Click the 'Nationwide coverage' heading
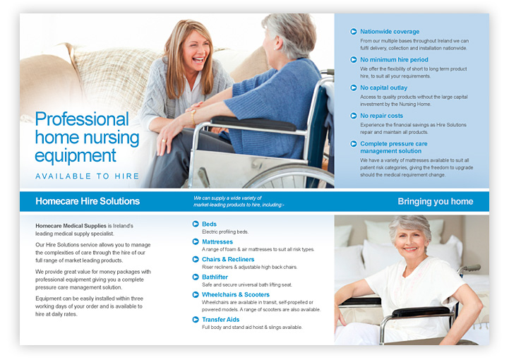pos(389,32)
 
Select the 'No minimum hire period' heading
pos(393,60)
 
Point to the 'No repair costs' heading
pos(381,116)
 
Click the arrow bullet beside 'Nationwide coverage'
pos(354,32)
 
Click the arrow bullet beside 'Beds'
pos(196,224)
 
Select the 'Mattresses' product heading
pos(218,241)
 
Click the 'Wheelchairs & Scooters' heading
pos(236,294)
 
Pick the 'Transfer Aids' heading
pos(221,319)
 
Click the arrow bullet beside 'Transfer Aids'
pos(196,319)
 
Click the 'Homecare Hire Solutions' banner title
pos(88,201)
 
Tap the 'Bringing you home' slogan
pos(435,201)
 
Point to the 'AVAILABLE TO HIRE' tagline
pos(88,176)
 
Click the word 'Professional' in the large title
pos(82,119)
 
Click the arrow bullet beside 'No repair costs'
pos(354,116)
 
